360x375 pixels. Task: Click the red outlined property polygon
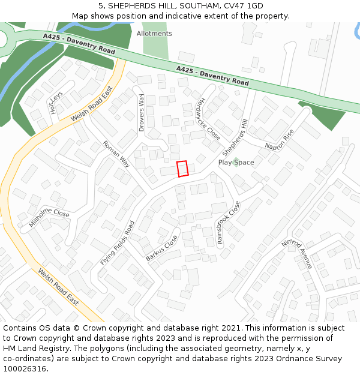pyautogui.click(x=182, y=169)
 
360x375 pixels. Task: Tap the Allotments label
pyautogui.click(x=154, y=34)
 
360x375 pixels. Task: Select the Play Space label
pyautogui.click(x=236, y=163)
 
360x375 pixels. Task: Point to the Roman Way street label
pyautogui.click(x=116, y=154)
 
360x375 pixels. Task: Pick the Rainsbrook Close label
pyautogui.click(x=229, y=223)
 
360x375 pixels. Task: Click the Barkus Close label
pyautogui.click(x=161, y=248)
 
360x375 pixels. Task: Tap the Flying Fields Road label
pyautogui.click(x=118, y=243)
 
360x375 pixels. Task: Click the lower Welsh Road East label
pyautogui.click(x=58, y=287)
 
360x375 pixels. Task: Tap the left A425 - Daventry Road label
pyautogui.click(x=79, y=44)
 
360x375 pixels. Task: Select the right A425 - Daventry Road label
pyautogui.click(x=212, y=76)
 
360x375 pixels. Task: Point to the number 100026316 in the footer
pyautogui.click(x=25, y=368)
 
